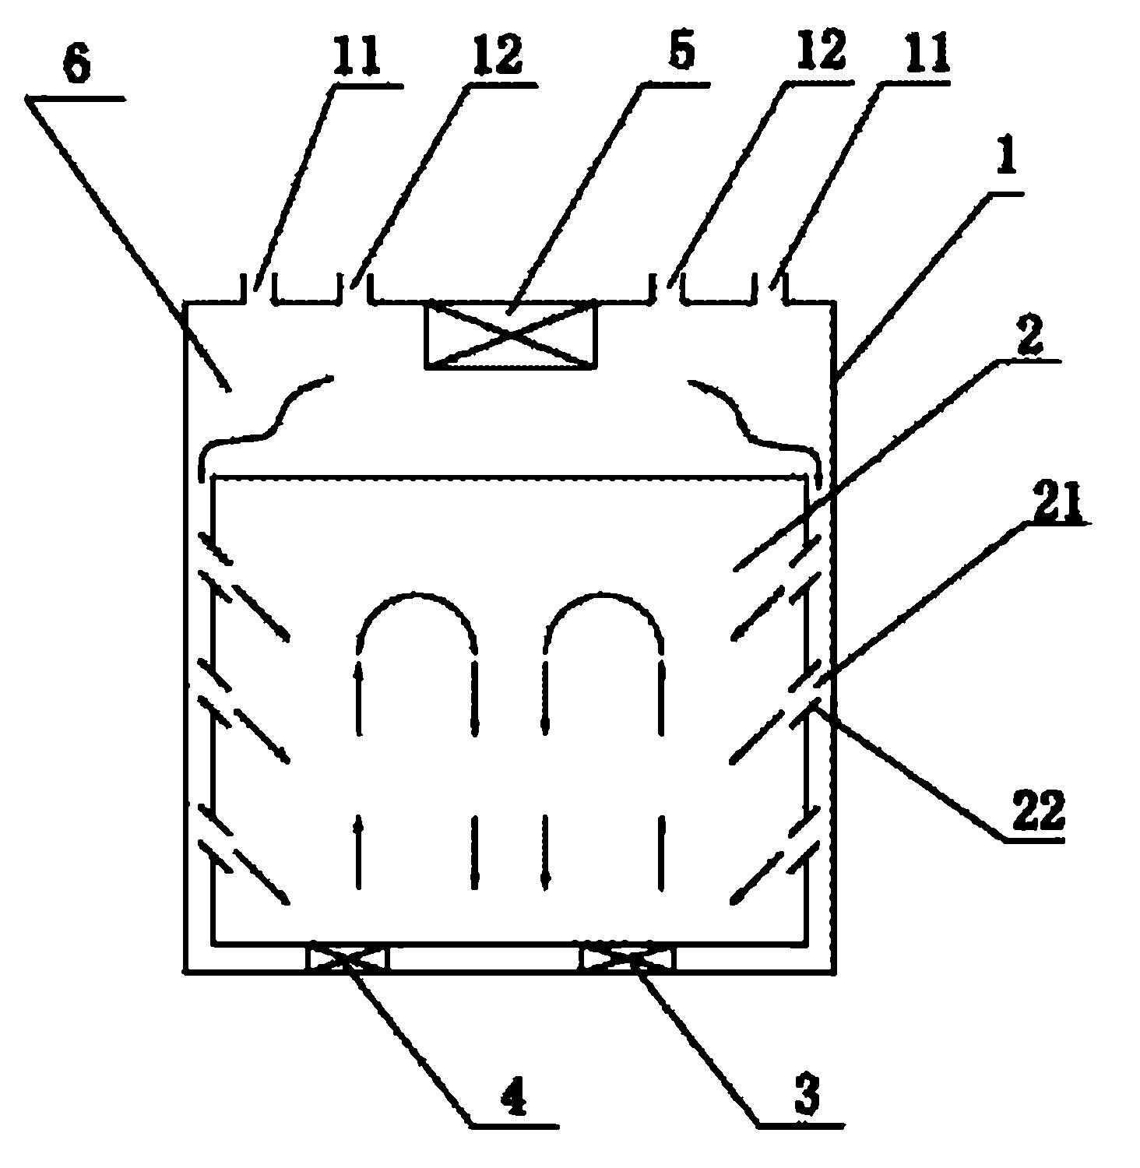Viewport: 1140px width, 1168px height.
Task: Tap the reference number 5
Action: (x=682, y=51)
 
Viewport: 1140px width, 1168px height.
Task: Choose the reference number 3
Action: (x=807, y=1099)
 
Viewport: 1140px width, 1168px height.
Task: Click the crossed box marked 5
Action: (x=511, y=335)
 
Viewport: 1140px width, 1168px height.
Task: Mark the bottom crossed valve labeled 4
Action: (x=348, y=957)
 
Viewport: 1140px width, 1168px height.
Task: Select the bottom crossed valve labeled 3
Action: (x=629, y=957)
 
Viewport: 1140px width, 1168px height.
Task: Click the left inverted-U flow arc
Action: (x=417, y=596)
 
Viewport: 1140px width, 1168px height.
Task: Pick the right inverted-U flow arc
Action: (x=603, y=596)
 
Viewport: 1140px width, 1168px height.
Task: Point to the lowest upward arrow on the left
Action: (x=359, y=852)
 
